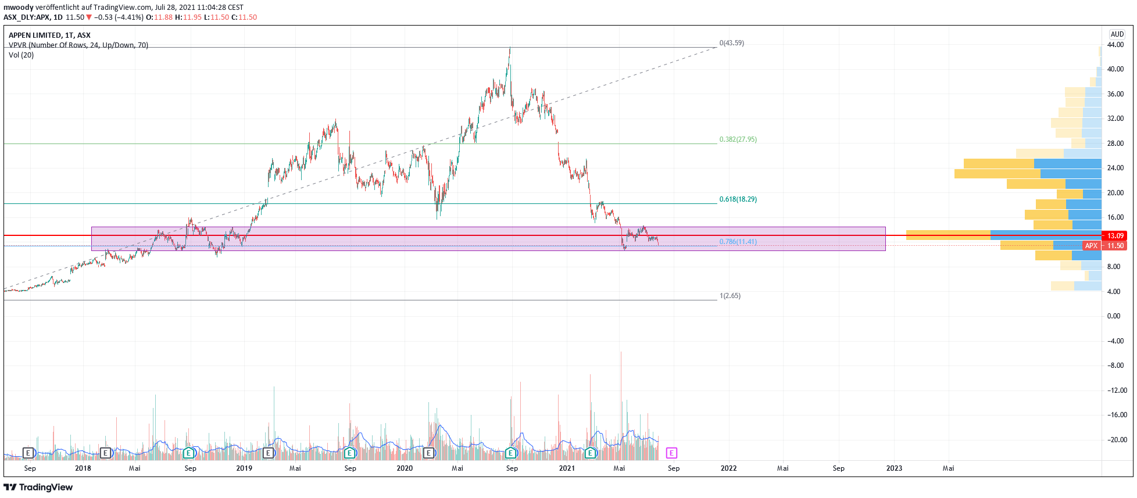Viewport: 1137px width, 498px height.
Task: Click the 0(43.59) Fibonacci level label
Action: [731, 43]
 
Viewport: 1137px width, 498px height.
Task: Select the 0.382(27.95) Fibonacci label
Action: [738, 139]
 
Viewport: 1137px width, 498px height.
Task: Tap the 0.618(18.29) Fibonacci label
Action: [738, 199]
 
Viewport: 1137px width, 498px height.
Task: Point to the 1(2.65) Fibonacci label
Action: [730, 296]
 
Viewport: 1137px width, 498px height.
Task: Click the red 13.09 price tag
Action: [1114, 236]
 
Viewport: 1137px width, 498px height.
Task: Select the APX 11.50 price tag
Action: [1104, 246]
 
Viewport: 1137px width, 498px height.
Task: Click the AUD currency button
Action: [1117, 34]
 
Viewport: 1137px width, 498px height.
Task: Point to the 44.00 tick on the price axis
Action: [1115, 45]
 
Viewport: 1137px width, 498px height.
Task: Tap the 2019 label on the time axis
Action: [244, 468]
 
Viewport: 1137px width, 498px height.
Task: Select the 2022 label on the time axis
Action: [728, 468]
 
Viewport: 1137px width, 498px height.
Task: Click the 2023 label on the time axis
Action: [894, 468]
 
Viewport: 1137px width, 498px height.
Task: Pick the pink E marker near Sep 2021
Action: [671, 453]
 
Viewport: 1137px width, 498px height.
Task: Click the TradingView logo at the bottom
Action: [38, 487]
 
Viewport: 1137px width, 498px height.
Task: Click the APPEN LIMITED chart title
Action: [49, 35]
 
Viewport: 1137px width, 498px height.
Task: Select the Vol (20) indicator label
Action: [22, 55]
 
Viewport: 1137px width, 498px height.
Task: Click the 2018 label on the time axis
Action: [83, 468]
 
